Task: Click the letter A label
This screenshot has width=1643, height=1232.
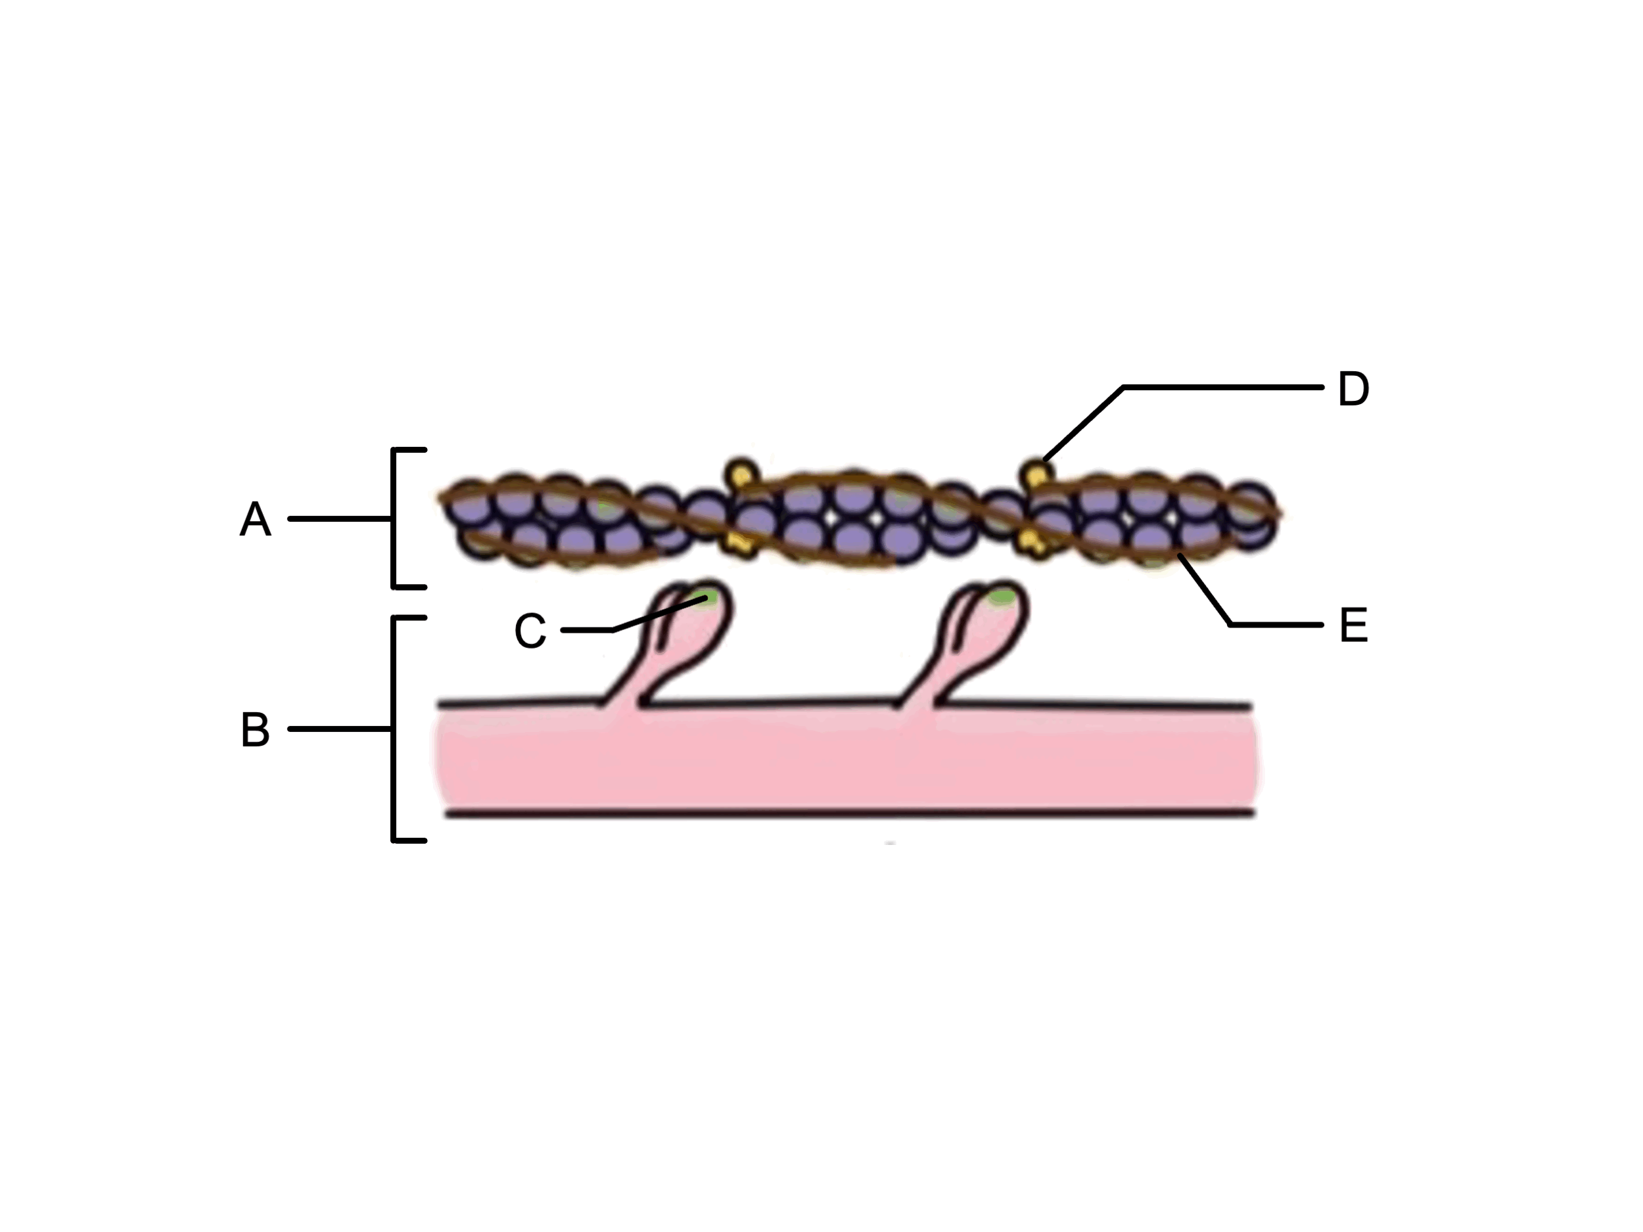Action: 255,518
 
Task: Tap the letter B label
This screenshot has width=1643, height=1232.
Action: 256,729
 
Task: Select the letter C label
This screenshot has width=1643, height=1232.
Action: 530,631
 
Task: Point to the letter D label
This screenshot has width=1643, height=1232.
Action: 1353,388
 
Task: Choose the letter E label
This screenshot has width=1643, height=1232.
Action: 1353,626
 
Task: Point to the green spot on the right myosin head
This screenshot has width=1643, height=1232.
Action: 1002,595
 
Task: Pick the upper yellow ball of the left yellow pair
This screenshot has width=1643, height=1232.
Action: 741,473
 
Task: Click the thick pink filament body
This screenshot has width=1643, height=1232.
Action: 846,760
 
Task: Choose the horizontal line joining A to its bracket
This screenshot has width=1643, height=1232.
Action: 340,518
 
